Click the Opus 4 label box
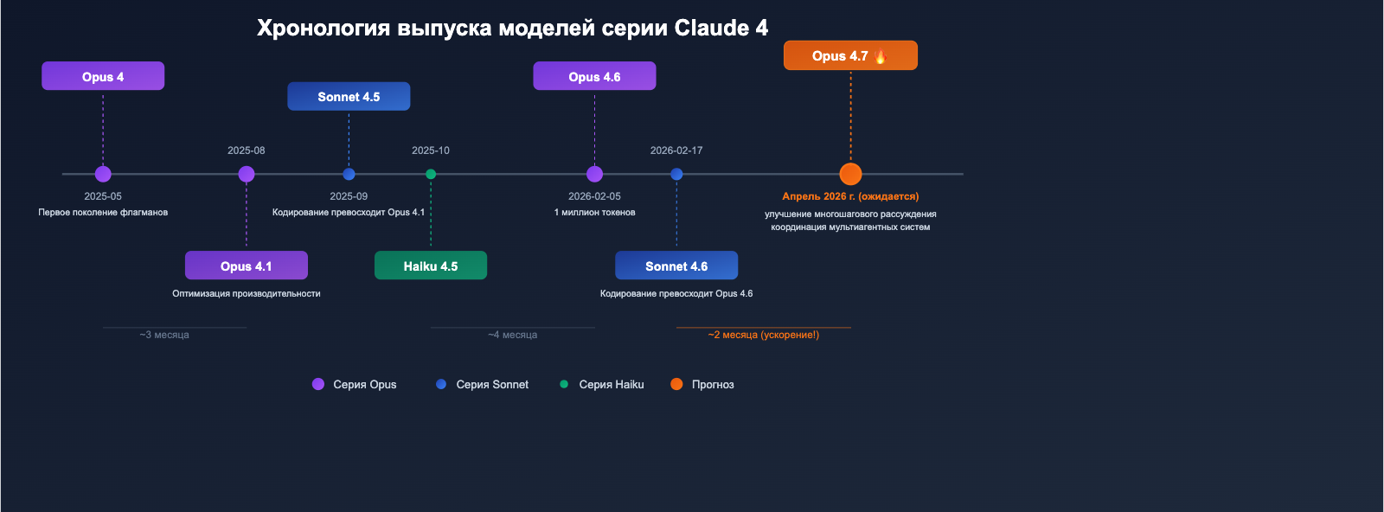pos(103,76)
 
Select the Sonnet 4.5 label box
pos(349,96)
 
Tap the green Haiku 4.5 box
pos(431,266)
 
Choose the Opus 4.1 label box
pos(247,266)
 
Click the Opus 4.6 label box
pos(594,76)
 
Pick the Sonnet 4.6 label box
pos(676,266)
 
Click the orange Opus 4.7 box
pos(850,55)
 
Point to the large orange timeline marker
pos(850,174)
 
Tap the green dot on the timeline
pos(431,174)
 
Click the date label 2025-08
pos(247,150)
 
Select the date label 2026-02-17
pos(676,150)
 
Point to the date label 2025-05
pos(103,196)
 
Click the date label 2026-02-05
pos(594,196)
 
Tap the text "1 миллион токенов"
pos(594,213)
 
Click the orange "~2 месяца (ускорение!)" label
pos(763,335)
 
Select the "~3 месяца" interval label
pos(164,335)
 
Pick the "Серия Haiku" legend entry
pos(611,384)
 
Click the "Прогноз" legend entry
pos(712,384)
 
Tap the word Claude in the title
pos(711,28)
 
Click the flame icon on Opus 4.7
pos(881,56)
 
